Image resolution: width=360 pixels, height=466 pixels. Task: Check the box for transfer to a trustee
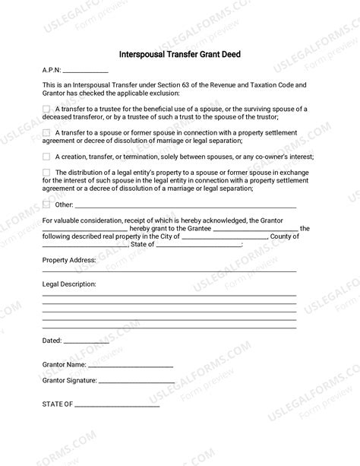coord(47,109)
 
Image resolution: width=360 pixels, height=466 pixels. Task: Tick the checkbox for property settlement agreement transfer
coord(47,132)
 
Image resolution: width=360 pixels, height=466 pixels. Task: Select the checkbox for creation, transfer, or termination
coord(47,156)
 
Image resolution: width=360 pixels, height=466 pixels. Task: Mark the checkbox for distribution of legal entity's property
coord(47,173)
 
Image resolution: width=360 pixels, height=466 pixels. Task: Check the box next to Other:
coord(47,204)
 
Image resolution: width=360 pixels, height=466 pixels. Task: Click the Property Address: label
coord(69,260)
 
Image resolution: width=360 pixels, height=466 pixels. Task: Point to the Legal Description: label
coord(69,284)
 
